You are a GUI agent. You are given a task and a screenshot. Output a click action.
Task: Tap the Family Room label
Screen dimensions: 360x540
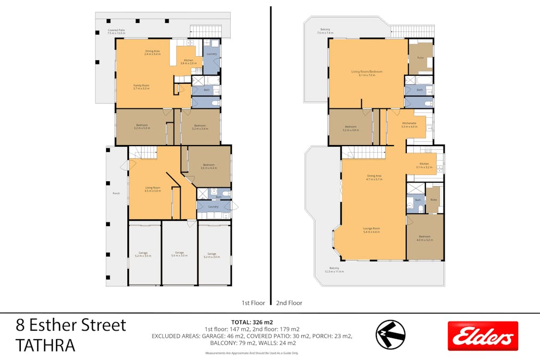[141, 86]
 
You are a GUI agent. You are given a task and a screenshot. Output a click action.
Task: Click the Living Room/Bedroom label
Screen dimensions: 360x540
[366, 73]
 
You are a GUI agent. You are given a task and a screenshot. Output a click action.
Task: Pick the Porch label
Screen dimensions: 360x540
[116, 193]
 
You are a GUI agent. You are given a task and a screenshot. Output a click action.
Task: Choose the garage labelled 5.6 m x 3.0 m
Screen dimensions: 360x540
[179, 254]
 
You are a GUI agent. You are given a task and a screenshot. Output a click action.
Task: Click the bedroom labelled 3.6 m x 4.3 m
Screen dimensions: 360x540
[208, 166]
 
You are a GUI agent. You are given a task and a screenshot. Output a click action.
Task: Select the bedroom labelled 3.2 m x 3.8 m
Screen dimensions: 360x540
[350, 129]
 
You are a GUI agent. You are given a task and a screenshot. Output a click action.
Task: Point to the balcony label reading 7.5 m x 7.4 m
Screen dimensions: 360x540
[325, 31]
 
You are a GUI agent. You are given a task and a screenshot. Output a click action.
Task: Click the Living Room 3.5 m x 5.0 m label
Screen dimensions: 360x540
[153, 189]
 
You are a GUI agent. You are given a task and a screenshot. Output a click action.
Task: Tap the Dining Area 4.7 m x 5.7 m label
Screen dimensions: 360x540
[374, 178]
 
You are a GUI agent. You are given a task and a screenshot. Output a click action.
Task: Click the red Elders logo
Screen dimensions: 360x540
[482, 335]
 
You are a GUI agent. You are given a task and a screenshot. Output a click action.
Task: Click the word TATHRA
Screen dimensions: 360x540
[45, 346]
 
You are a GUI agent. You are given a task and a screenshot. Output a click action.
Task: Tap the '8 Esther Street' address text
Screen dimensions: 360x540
[71, 324]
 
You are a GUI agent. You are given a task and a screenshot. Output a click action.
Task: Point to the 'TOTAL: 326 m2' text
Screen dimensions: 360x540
[252, 322]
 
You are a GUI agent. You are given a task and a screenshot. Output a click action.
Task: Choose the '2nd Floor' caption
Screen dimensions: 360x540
[289, 303]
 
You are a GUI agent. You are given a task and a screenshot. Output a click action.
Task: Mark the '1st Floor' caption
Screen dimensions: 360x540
[253, 303]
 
